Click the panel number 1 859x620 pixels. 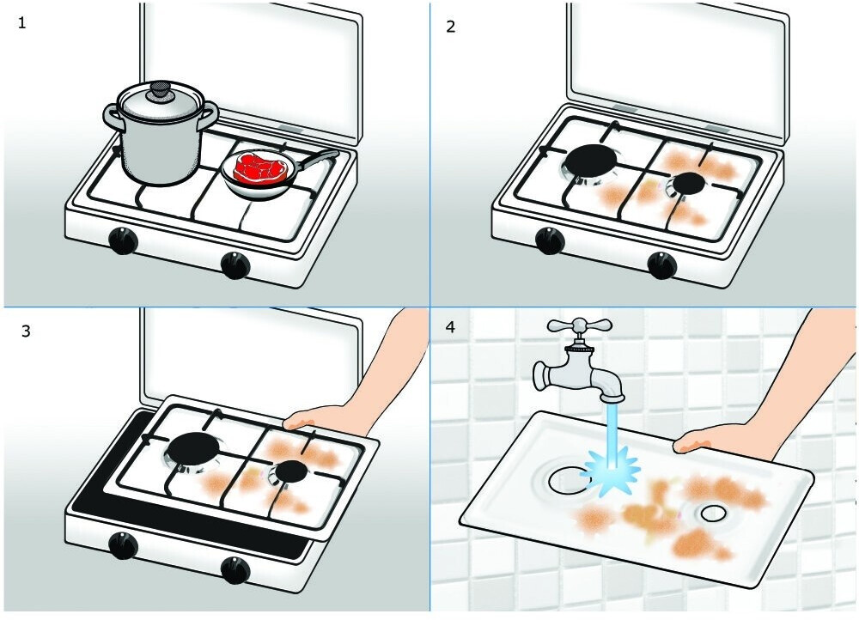tap(22, 23)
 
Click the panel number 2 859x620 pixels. tap(450, 27)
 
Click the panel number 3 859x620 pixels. tap(26, 331)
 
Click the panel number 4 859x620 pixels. tap(450, 327)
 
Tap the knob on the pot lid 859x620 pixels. tap(161, 90)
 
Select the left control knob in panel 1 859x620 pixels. tap(123, 241)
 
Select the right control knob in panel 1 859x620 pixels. tap(236, 265)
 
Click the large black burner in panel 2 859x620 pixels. tap(591, 161)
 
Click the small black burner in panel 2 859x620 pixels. tap(689, 184)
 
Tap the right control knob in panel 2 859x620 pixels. tap(661, 265)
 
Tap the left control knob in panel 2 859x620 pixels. tap(550, 241)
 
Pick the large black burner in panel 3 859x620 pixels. tap(192, 449)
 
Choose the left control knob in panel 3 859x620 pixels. tap(123, 545)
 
